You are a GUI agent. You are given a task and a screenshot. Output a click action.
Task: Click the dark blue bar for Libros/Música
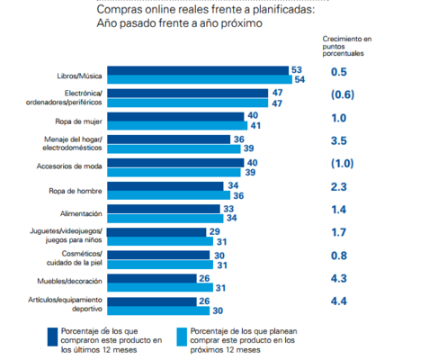[198, 70]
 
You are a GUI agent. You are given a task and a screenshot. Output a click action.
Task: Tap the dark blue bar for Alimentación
[165, 208]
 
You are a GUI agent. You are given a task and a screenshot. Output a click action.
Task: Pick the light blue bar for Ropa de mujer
[176, 126]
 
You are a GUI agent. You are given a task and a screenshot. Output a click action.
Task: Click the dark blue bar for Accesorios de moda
[176, 162]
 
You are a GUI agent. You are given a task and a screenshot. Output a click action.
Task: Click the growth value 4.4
[339, 301]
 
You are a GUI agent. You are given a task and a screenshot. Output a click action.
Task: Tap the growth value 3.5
[339, 141]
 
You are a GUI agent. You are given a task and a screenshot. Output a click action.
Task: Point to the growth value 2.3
[339, 187]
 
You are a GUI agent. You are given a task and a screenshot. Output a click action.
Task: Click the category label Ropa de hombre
[77, 190]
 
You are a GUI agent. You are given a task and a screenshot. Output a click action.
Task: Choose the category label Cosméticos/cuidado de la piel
[77, 259]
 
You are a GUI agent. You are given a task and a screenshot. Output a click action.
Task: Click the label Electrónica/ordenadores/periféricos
[72, 98]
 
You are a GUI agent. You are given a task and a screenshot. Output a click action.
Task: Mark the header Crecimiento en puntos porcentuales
[346, 46]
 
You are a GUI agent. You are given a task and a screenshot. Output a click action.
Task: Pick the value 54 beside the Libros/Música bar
[299, 80]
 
